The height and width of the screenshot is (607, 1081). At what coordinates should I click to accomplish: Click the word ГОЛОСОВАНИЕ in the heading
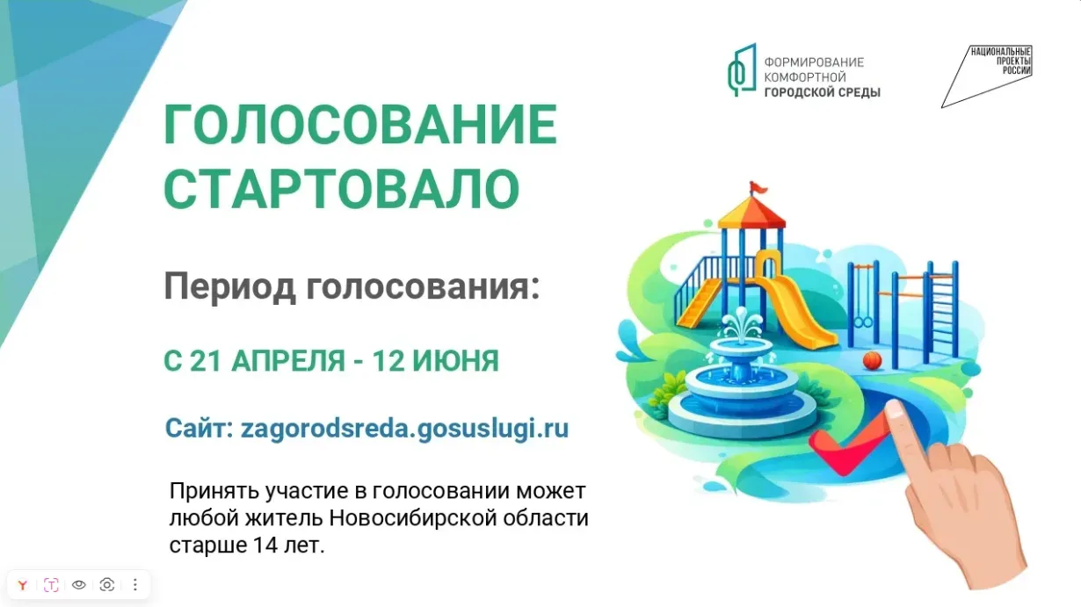pyautogui.click(x=360, y=125)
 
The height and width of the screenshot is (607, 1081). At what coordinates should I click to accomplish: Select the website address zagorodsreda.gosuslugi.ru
pyautogui.click(x=404, y=429)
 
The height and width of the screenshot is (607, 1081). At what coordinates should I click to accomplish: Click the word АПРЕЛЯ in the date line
pyautogui.click(x=288, y=361)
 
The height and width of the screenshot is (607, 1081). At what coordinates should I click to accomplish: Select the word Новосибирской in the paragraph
pyautogui.click(x=413, y=518)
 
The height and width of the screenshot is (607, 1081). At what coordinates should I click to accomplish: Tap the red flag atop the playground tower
pyautogui.click(x=758, y=187)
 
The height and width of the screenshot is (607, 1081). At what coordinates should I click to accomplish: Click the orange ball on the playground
pyautogui.click(x=872, y=360)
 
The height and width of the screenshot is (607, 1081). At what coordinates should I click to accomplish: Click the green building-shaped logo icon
pyautogui.click(x=742, y=69)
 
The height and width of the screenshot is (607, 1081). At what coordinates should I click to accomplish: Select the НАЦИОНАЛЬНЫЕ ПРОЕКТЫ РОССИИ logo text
pyautogui.click(x=1001, y=61)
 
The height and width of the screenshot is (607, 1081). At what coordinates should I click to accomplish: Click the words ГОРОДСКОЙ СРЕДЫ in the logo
pyautogui.click(x=823, y=91)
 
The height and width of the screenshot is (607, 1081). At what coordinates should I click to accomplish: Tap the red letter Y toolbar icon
pyautogui.click(x=23, y=585)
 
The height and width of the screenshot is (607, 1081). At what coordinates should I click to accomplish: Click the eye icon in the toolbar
pyautogui.click(x=79, y=585)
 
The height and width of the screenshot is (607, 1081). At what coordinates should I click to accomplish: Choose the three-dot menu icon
pyautogui.click(x=135, y=585)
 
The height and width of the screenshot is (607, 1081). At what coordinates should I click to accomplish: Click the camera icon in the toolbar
pyautogui.click(x=106, y=585)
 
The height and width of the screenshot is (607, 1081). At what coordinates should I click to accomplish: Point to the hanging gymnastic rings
pyautogui.click(x=863, y=322)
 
